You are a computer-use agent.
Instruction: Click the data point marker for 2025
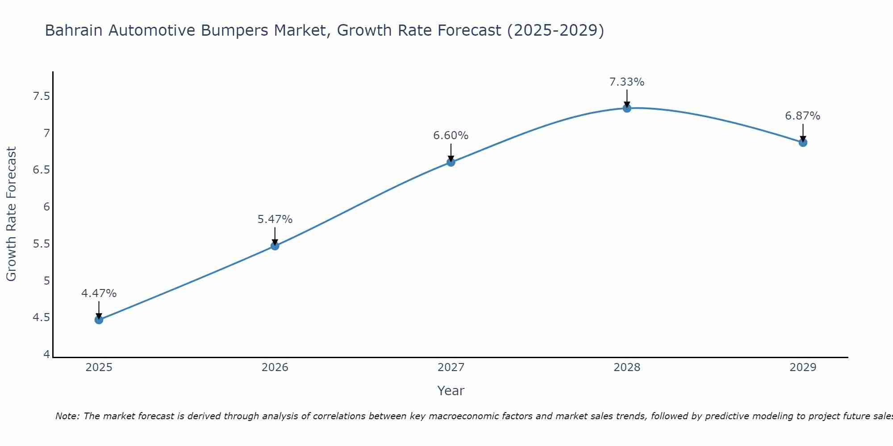[x=99, y=320]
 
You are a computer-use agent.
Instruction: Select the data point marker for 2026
[x=275, y=246]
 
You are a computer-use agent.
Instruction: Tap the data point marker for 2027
[x=451, y=162]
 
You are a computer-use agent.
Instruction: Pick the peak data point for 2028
[x=627, y=108]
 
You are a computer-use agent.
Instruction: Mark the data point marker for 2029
[x=803, y=143]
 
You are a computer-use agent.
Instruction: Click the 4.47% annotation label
[x=99, y=293]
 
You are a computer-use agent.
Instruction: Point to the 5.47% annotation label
[x=275, y=219]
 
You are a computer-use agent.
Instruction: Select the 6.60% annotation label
[x=451, y=136]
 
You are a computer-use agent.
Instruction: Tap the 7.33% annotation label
[x=627, y=82]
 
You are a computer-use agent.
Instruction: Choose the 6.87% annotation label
[x=803, y=116]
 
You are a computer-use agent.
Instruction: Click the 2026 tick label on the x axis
[x=275, y=368]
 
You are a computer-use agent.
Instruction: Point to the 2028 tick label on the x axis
[x=627, y=368]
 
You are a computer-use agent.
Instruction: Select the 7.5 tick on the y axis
[x=41, y=96]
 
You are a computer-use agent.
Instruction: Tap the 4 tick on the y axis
[x=46, y=355]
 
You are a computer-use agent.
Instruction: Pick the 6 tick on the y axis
[x=46, y=207]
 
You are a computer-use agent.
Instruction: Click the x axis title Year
[x=451, y=391]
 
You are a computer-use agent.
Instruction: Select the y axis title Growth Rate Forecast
[x=12, y=214]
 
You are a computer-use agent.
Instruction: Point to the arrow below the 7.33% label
[x=627, y=98]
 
